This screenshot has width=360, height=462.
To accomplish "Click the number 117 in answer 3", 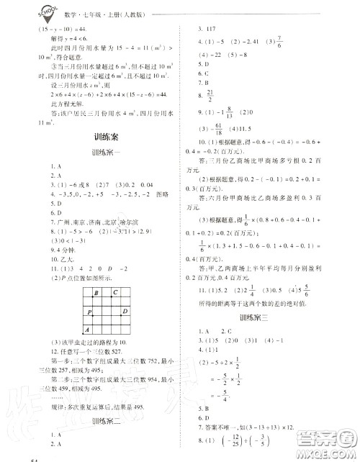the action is [x=212, y=32].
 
